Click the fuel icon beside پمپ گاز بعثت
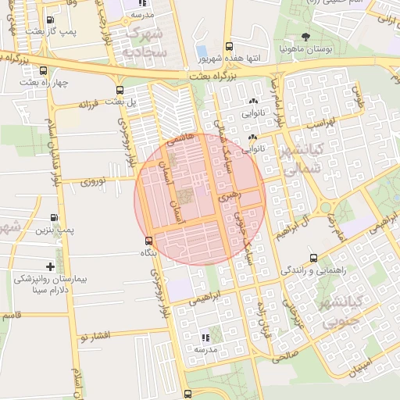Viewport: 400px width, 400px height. coord(51,21)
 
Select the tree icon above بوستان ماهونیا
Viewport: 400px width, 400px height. coord(305,36)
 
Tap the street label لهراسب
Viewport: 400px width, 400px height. coord(321,123)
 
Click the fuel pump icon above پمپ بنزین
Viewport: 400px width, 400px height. coord(53,218)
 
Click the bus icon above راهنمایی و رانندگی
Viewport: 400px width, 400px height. coord(313,258)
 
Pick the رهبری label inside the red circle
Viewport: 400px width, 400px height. coord(233,195)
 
